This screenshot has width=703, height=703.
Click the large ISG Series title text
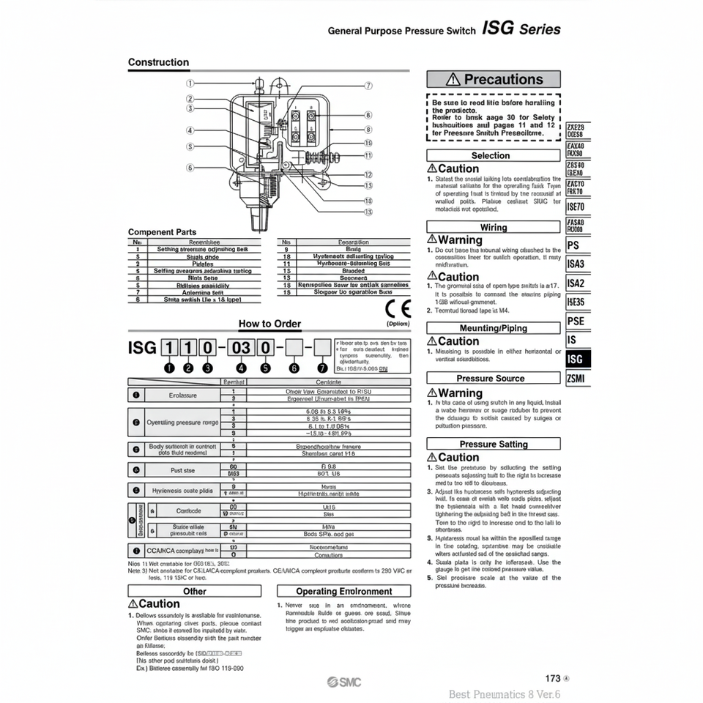[x=522, y=29]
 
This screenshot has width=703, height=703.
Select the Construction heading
[x=158, y=62]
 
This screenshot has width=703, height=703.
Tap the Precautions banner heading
[x=494, y=79]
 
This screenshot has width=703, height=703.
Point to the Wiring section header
[x=494, y=227]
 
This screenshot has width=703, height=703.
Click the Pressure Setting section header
[x=494, y=444]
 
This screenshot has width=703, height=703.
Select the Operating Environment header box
[x=344, y=591]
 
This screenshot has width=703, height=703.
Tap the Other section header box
[x=195, y=591]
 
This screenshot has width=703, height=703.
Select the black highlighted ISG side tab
[x=576, y=359]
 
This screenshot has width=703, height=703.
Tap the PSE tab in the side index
[x=576, y=321]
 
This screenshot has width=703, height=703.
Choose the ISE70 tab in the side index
[x=576, y=207]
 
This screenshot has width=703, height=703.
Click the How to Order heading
[x=269, y=324]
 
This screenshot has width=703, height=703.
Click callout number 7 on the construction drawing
[x=368, y=86]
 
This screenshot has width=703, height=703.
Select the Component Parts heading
[x=162, y=232]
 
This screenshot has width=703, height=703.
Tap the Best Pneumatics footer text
[x=505, y=694]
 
